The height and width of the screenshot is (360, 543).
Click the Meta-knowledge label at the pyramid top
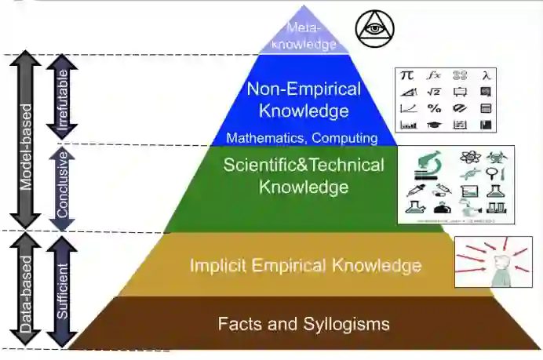coord(304,37)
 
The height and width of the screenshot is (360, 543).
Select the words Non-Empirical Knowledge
coord(304,100)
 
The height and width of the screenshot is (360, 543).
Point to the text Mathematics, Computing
coord(302,138)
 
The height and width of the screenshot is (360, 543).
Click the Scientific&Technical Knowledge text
coord(304,176)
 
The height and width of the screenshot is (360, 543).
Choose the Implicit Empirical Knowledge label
coord(305,265)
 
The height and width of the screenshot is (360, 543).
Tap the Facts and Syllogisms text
coord(304,323)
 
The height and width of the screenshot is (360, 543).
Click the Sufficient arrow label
coord(62,290)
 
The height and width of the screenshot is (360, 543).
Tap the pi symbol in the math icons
coord(407,76)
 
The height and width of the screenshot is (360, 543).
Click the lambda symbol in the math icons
coord(487,76)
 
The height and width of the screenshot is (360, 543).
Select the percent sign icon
coord(434,108)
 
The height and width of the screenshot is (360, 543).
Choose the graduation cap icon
coord(433,124)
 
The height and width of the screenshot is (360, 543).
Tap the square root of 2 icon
coord(433,92)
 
